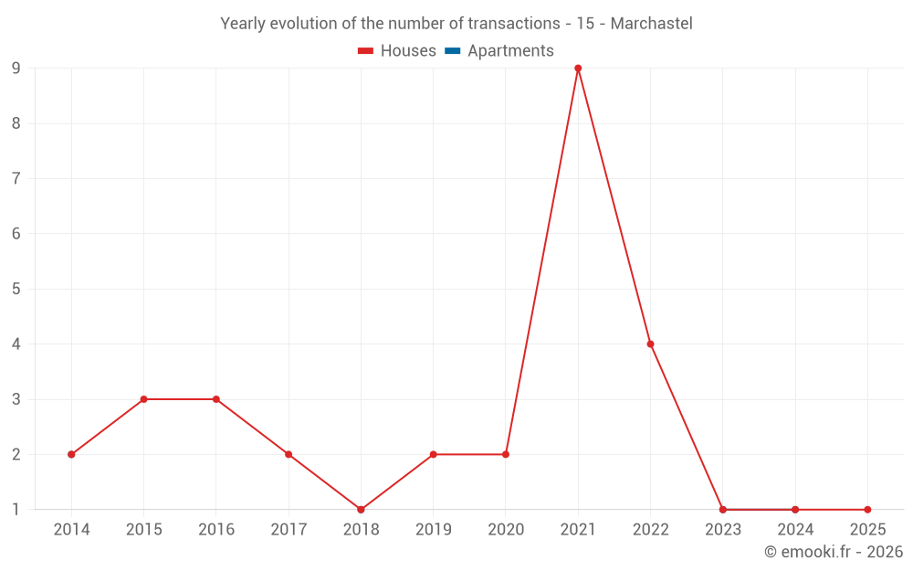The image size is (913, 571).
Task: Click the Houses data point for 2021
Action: [578, 69]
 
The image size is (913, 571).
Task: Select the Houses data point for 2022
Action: [650, 344]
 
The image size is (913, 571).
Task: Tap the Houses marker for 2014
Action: [71, 454]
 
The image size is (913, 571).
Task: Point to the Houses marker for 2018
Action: [361, 510]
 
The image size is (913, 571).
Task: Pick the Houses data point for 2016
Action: [216, 399]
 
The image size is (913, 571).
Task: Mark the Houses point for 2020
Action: [506, 454]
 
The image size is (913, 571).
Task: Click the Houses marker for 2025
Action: [867, 510]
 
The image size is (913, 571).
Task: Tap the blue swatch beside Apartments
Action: [453, 51]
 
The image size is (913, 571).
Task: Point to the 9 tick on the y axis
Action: [16, 69]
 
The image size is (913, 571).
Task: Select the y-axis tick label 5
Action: [16, 289]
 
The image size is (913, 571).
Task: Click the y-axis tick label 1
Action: [16, 510]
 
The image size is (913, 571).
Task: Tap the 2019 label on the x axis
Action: [433, 530]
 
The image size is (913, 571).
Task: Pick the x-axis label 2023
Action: [722, 530]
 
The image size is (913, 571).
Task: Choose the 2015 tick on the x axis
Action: [143, 530]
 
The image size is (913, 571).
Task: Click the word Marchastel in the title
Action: [651, 24]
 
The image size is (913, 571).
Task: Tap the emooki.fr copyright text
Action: [834, 552]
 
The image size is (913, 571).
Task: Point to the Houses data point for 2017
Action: [289, 454]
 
